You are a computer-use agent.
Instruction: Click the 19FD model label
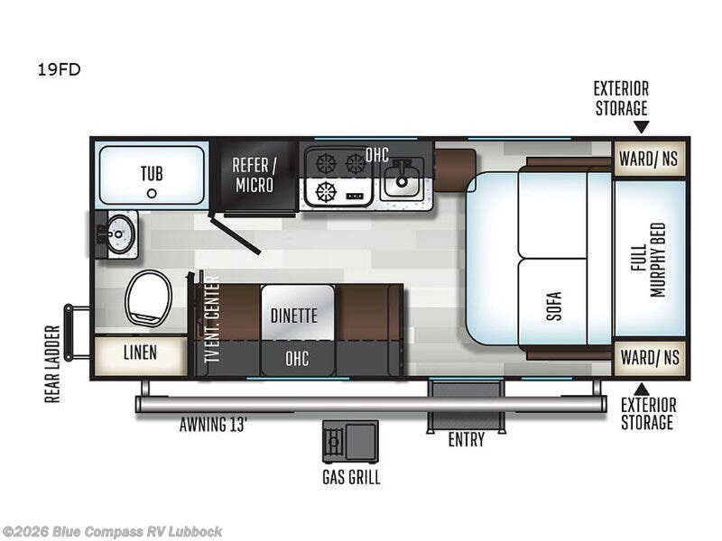pos(59,69)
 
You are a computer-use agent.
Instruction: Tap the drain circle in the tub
pos(152,194)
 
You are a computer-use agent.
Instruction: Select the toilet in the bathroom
pos(148,298)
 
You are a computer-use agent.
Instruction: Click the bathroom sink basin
pos(119,234)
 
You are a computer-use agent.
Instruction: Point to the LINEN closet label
pos(140,353)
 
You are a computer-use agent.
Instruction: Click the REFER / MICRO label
pos(255,175)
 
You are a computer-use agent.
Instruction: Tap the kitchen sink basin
pos(402,181)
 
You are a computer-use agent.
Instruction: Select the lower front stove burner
pos(326,192)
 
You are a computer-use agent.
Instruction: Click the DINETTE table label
pos(294,316)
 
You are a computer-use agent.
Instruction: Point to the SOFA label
pos(554,306)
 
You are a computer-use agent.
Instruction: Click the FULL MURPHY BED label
pos(648,260)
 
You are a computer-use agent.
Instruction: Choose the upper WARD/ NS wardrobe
pos(650,159)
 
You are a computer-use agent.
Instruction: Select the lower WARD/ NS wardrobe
pos(650,357)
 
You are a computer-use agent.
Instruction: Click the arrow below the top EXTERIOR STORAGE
pos(642,126)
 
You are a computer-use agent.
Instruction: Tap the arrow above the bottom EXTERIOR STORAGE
pos(642,389)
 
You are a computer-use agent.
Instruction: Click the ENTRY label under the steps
pos(467,439)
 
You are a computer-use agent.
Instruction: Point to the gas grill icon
pos(350,441)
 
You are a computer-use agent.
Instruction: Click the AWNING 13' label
pos(213,424)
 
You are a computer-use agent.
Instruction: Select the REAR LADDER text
pos(52,364)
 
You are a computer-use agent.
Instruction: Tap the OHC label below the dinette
pos(297,358)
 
